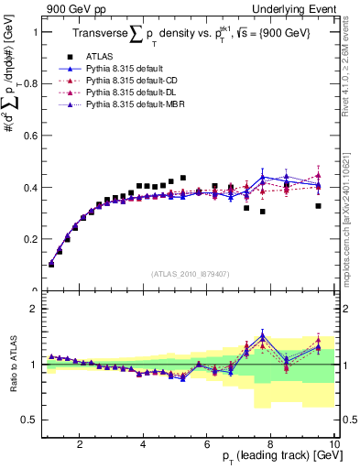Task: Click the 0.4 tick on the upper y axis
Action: tap(28, 188)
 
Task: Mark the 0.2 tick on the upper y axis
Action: tap(28, 239)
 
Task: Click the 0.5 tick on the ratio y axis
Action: tap(28, 420)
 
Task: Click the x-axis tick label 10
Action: tap(333, 444)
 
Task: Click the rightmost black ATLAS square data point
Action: tap(318, 206)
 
